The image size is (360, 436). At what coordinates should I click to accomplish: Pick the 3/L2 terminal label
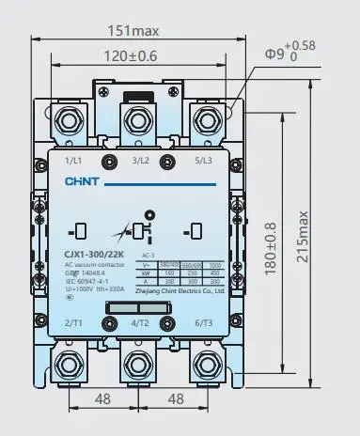click(141, 160)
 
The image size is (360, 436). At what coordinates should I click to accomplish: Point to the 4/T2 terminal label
click(141, 323)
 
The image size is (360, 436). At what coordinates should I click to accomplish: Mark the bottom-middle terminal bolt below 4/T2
click(141, 363)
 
